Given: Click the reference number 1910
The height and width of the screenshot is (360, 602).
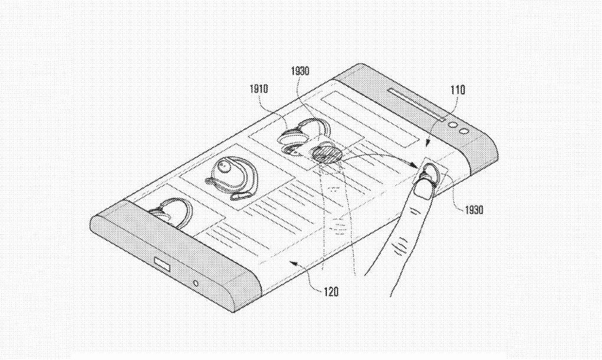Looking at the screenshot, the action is click(259, 89).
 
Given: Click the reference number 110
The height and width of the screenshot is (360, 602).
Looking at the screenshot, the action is click(457, 90).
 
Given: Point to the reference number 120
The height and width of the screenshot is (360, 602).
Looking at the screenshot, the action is click(331, 292).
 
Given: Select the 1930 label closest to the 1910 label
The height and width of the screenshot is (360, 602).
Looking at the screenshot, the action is click(300, 71).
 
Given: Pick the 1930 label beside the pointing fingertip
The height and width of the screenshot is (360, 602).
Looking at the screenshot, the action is click(474, 210).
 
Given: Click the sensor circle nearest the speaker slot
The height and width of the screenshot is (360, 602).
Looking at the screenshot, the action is click(453, 125).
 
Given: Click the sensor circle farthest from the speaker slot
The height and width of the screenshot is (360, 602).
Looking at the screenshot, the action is click(464, 130).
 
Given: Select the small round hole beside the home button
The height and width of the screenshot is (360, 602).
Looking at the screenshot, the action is click(196, 284).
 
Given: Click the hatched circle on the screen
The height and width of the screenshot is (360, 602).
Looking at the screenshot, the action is click(327, 155).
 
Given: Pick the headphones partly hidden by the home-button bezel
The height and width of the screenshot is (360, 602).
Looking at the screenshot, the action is click(169, 211).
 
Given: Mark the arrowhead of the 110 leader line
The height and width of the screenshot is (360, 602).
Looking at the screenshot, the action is click(428, 144).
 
